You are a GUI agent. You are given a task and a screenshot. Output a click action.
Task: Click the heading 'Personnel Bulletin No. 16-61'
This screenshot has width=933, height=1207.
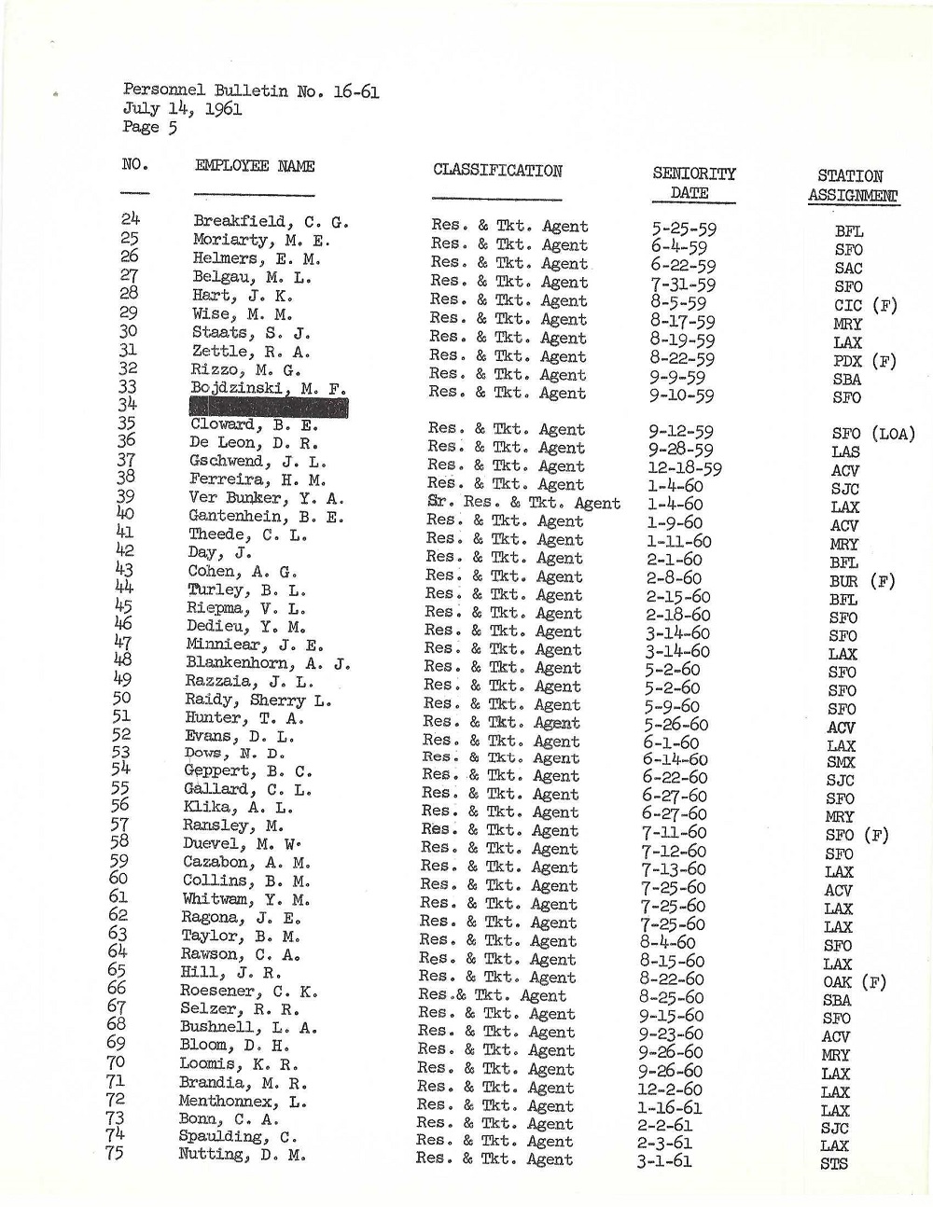(x=250, y=90)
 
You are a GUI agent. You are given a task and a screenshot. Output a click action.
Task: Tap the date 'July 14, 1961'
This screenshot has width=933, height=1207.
(x=182, y=108)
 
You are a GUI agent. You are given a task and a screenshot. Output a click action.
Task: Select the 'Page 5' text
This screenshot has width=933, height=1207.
(x=149, y=127)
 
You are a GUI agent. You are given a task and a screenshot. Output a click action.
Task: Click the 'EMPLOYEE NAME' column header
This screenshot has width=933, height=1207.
(x=255, y=166)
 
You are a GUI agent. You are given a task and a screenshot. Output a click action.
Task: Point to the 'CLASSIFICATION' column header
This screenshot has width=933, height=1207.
(x=497, y=171)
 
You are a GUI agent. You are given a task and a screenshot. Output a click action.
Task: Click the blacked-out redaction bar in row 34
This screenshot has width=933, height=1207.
(x=269, y=408)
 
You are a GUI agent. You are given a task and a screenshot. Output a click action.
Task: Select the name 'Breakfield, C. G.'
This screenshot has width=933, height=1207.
(x=271, y=222)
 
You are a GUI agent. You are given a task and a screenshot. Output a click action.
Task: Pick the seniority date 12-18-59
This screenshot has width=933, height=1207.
(x=686, y=468)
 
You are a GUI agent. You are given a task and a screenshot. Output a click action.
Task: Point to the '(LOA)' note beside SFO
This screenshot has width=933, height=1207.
(x=893, y=434)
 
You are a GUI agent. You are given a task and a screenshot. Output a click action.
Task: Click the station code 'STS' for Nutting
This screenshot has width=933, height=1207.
(x=834, y=1164)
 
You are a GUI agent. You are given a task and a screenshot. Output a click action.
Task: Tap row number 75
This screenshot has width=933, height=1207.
(x=115, y=1153)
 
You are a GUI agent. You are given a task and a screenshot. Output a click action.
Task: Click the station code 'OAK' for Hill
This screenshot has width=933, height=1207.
(x=838, y=982)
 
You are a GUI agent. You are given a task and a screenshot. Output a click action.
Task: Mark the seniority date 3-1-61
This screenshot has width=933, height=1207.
(x=664, y=1163)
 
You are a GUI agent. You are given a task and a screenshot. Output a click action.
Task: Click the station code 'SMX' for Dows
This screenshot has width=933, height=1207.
(x=841, y=762)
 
